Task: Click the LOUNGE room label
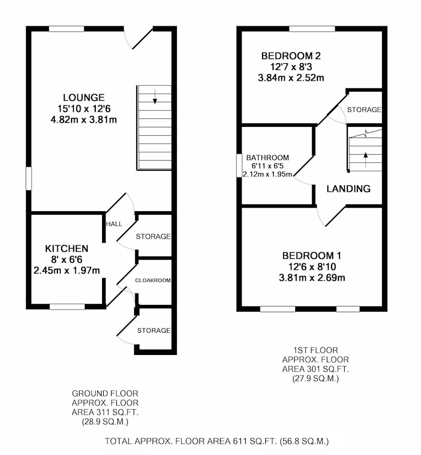point(84,97)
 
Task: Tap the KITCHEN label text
point(67,249)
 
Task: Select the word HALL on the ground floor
point(114,224)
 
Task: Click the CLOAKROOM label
point(153,280)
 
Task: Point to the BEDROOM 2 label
point(291,56)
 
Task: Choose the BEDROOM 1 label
point(312,255)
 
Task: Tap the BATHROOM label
point(268,157)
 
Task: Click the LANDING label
point(348,189)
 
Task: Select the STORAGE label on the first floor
point(364,110)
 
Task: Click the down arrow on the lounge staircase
point(155,96)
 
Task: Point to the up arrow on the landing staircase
point(366,160)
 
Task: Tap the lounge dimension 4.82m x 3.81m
point(84,120)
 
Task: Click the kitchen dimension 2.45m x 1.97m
point(67,271)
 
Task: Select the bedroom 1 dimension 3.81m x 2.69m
point(312,278)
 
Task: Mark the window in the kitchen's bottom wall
point(67,306)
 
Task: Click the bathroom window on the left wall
point(239,165)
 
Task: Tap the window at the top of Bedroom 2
point(312,29)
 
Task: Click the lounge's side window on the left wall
point(29,179)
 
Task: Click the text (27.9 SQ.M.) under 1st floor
point(315,379)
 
